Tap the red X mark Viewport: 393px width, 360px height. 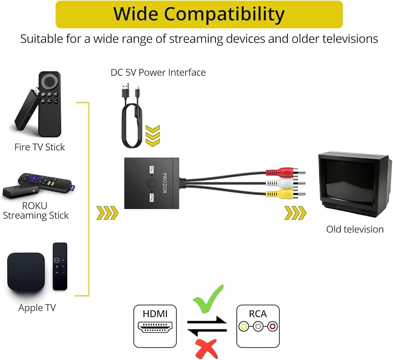pyautogui.click(x=207, y=349)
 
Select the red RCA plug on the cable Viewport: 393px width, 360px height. pyautogui.click(x=285, y=172)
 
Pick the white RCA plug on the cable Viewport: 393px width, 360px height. pyautogui.click(x=285, y=183)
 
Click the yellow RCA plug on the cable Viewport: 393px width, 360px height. pyautogui.click(x=285, y=194)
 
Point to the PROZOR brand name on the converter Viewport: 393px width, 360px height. pyautogui.click(x=165, y=183)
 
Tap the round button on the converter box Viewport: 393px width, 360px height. pyautogui.click(x=151, y=183)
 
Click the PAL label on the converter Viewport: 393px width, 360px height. pyautogui.click(x=151, y=170)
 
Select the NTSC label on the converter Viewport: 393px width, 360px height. pyautogui.click(x=151, y=197)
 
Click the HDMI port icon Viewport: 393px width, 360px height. pyautogui.click(x=155, y=327)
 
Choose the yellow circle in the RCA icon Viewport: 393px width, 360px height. pyautogui.click(x=243, y=327)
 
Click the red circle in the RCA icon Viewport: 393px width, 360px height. pyautogui.click(x=272, y=327)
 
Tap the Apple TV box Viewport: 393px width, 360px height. pyautogui.click(x=26, y=271)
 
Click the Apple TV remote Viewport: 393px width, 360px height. pyautogui.click(x=60, y=267)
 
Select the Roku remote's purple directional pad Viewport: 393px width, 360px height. pyautogui.click(x=33, y=178)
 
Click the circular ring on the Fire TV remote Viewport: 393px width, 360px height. pyautogui.click(x=50, y=81)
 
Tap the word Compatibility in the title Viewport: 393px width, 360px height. pyautogui.click(x=224, y=14)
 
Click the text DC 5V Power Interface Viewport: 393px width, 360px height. pyautogui.click(x=158, y=72)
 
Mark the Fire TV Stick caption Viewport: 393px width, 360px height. pyautogui.click(x=40, y=147)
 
